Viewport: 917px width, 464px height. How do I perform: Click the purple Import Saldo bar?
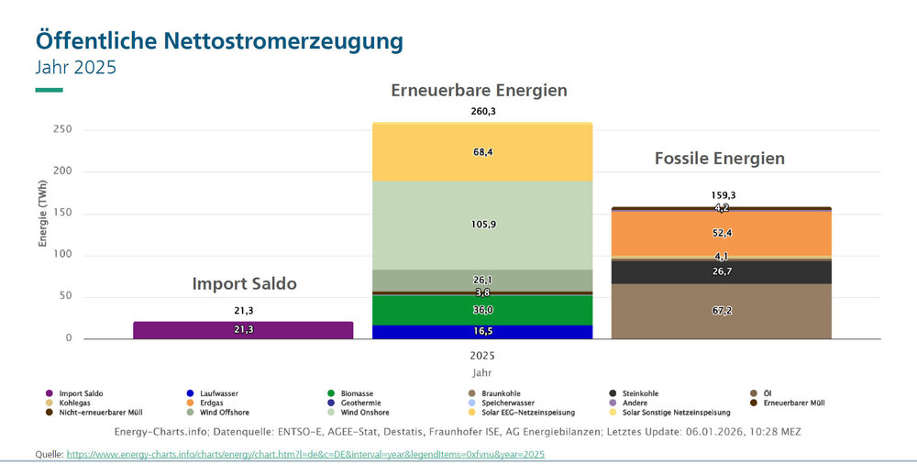[x=243, y=330]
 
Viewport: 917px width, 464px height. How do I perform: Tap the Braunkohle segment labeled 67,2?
[x=722, y=311]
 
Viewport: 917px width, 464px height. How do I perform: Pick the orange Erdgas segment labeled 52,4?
[x=722, y=234]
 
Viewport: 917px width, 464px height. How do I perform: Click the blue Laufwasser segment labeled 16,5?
[x=482, y=332]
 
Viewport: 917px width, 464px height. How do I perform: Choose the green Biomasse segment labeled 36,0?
[x=482, y=310]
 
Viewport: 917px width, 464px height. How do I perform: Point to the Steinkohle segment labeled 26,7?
[x=722, y=271]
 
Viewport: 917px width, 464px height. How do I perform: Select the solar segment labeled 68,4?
[x=482, y=152]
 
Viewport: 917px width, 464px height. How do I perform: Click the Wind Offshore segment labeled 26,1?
[x=482, y=280]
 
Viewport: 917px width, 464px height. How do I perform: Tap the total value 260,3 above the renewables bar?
[x=482, y=112]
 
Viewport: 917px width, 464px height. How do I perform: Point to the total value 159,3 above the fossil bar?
[x=722, y=195]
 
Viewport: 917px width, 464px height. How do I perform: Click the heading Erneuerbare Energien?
[x=479, y=91]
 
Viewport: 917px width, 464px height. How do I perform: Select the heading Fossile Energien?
[x=720, y=159]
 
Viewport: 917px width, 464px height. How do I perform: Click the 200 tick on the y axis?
[x=61, y=171]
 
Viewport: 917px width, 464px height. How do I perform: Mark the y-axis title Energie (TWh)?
[x=42, y=214]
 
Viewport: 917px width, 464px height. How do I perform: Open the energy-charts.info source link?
[x=305, y=454]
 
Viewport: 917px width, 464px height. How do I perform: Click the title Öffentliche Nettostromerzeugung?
[x=219, y=41]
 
